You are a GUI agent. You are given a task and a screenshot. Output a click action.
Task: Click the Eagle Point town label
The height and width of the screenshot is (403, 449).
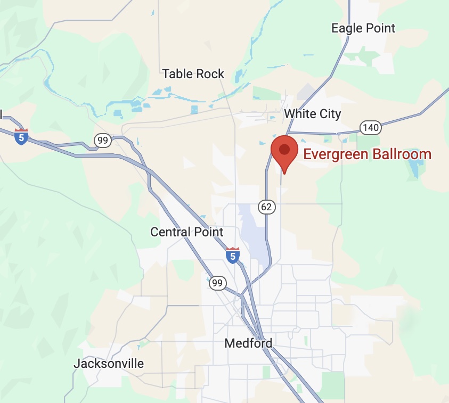[363, 28]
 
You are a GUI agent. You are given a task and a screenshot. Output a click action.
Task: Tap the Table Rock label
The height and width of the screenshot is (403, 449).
[193, 74]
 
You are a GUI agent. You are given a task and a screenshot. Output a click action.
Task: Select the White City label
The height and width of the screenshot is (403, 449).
[312, 113]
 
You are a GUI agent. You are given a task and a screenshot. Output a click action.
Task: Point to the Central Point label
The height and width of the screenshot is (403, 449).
[187, 232]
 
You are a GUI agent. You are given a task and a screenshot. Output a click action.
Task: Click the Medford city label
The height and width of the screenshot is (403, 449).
[248, 343]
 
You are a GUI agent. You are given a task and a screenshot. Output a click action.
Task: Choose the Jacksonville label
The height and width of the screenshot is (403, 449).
[109, 364]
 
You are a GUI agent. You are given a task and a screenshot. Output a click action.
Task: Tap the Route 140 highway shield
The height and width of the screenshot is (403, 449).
[370, 127]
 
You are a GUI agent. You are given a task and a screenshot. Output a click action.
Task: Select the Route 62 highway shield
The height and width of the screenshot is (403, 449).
[267, 206]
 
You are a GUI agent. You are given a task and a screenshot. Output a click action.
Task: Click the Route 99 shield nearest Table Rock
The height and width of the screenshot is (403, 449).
[103, 141]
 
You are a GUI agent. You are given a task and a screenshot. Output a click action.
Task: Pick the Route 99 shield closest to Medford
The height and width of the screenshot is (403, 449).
[217, 283]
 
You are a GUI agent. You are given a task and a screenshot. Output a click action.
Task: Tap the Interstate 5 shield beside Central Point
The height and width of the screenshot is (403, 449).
[233, 256]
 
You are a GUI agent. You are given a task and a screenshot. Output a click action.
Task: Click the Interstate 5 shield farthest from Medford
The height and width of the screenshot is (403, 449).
[21, 136]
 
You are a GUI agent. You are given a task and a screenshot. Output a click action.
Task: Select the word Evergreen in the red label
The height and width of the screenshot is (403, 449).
[334, 154]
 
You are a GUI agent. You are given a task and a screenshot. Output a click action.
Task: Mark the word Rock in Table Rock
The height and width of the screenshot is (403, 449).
[210, 74]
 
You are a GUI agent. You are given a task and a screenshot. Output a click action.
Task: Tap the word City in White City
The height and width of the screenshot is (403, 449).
[329, 113]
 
